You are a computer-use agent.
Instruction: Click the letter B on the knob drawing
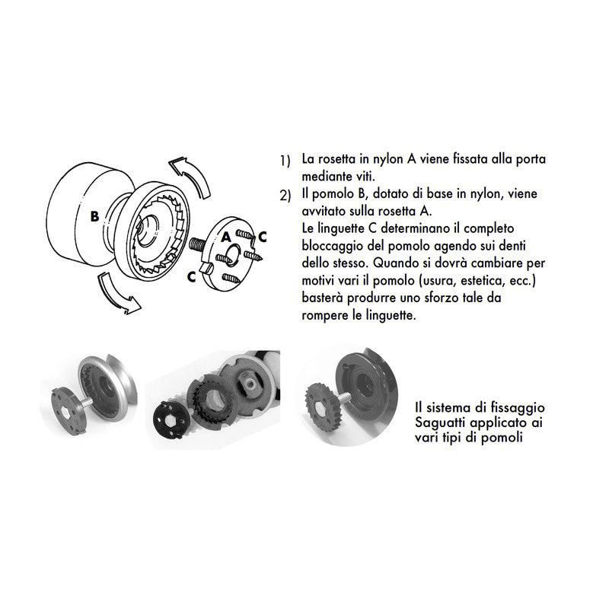pos(94,216)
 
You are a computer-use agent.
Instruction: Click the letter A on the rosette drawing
pos(226,238)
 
